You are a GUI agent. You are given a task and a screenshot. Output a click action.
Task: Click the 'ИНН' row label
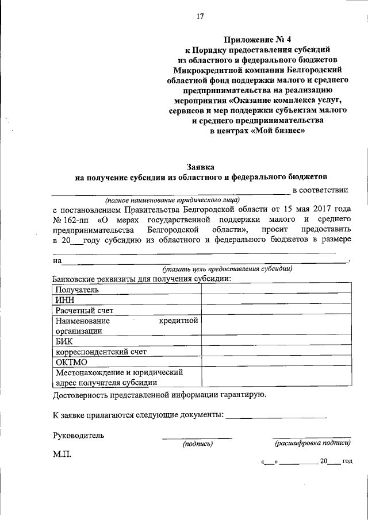[64, 299]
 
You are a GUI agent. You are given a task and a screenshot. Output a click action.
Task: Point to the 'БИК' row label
[64, 341]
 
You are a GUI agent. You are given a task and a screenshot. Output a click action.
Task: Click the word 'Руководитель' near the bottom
[78, 435]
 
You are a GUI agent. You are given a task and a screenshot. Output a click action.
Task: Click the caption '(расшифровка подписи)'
[312, 443]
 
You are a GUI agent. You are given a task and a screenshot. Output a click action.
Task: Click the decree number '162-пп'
[78, 219]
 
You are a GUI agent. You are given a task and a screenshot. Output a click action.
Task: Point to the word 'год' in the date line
[347, 461]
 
